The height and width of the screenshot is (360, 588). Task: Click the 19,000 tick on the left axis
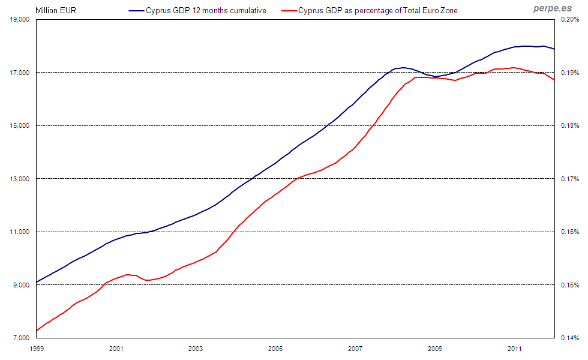click(x=20, y=20)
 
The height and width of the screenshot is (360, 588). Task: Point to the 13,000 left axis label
click(x=20, y=179)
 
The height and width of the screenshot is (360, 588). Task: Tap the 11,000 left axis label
click(x=20, y=232)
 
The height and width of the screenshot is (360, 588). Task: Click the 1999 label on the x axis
click(x=37, y=348)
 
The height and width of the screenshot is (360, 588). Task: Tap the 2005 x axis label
click(x=275, y=348)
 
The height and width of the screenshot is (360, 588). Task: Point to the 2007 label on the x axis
click(x=355, y=348)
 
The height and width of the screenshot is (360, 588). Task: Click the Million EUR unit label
click(x=55, y=10)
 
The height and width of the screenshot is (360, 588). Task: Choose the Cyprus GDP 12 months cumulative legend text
click(x=206, y=10)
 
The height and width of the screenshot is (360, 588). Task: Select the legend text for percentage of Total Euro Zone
click(x=378, y=10)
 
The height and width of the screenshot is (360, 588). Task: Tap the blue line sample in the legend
click(x=136, y=10)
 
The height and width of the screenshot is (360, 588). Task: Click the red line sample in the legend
click(x=290, y=10)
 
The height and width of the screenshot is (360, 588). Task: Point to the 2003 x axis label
click(x=196, y=348)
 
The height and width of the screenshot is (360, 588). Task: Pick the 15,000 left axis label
click(x=20, y=126)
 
